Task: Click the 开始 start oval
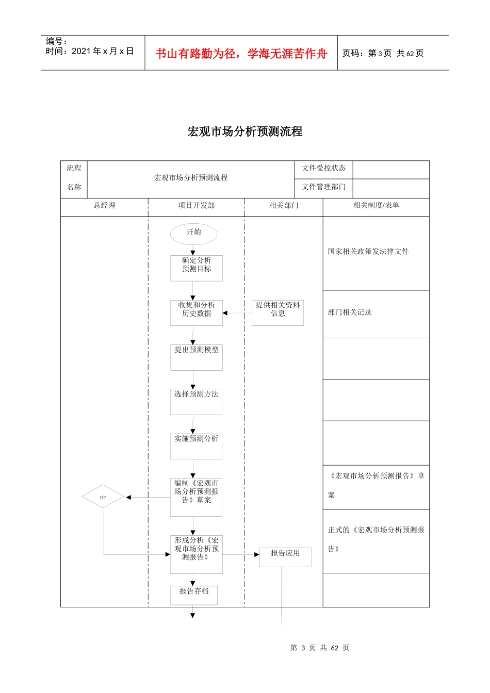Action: pos(193,234)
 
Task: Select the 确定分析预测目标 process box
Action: pos(197,268)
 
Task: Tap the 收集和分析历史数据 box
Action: pos(197,312)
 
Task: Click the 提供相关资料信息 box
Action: pos(277,312)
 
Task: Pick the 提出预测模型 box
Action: pos(197,357)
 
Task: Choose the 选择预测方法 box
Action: pos(197,402)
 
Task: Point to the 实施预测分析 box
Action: pos(197,446)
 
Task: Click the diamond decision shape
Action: pos(103,497)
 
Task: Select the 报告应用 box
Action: pos(285,557)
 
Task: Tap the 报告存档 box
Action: pos(194,595)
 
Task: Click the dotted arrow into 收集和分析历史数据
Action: pos(237,313)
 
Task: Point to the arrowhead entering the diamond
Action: pos(128,497)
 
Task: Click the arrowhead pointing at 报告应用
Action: pos(256,555)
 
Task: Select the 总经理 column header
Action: pos(104,206)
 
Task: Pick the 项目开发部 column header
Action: pos(196,206)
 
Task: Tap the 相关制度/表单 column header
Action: pos(376,206)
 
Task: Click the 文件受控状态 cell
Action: pos(324,169)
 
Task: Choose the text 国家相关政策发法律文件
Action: pos(368,252)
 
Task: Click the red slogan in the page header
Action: pos(241,54)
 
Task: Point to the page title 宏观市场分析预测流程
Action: pos(245,131)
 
